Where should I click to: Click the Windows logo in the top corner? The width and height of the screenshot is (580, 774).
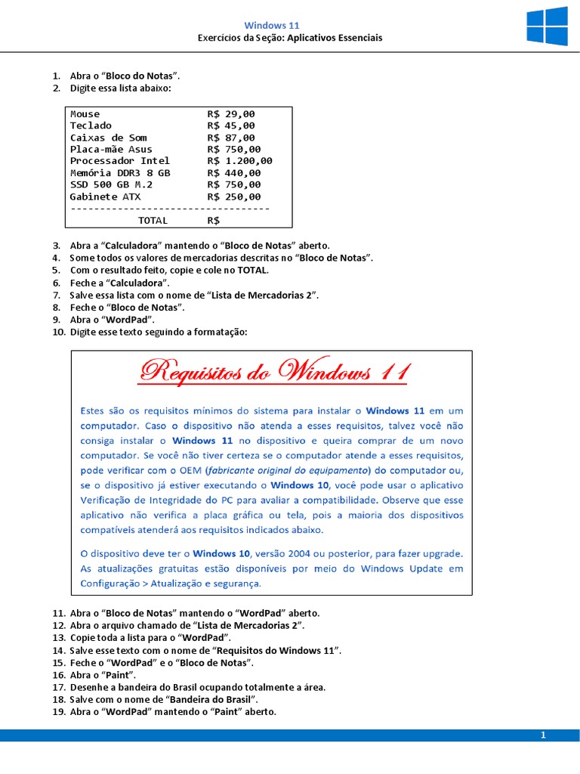547,27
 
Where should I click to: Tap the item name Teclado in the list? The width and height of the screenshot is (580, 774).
91,125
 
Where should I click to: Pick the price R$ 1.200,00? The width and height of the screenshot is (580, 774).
239,160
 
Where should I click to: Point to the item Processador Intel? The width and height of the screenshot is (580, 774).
119,160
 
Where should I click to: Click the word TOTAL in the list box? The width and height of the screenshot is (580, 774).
153,220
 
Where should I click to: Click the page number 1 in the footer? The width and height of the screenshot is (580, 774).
542,735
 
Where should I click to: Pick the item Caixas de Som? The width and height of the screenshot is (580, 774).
108,137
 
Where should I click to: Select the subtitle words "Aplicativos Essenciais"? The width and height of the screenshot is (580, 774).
332,38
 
